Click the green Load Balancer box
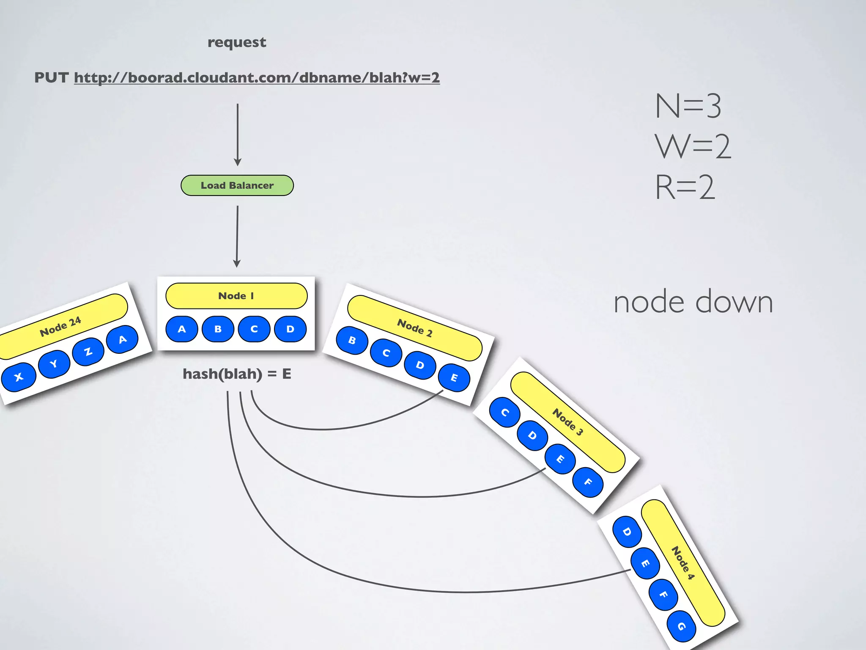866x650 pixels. click(237, 185)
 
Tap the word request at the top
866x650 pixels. click(237, 42)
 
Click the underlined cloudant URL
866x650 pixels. click(257, 78)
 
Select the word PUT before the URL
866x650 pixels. click(51, 78)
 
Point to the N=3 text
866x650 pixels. click(688, 106)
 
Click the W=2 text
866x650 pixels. click(693, 147)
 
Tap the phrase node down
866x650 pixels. click(693, 302)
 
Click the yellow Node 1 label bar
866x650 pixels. click(236, 296)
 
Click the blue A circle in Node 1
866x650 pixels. click(182, 329)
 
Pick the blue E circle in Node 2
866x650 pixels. click(454, 377)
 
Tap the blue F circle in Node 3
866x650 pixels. click(588, 482)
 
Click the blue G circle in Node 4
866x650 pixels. click(681, 626)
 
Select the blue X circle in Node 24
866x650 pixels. click(19, 377)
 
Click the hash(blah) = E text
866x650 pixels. click(237, 374)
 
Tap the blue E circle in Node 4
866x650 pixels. click(645, 563)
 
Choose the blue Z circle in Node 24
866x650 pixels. click(88, 351)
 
